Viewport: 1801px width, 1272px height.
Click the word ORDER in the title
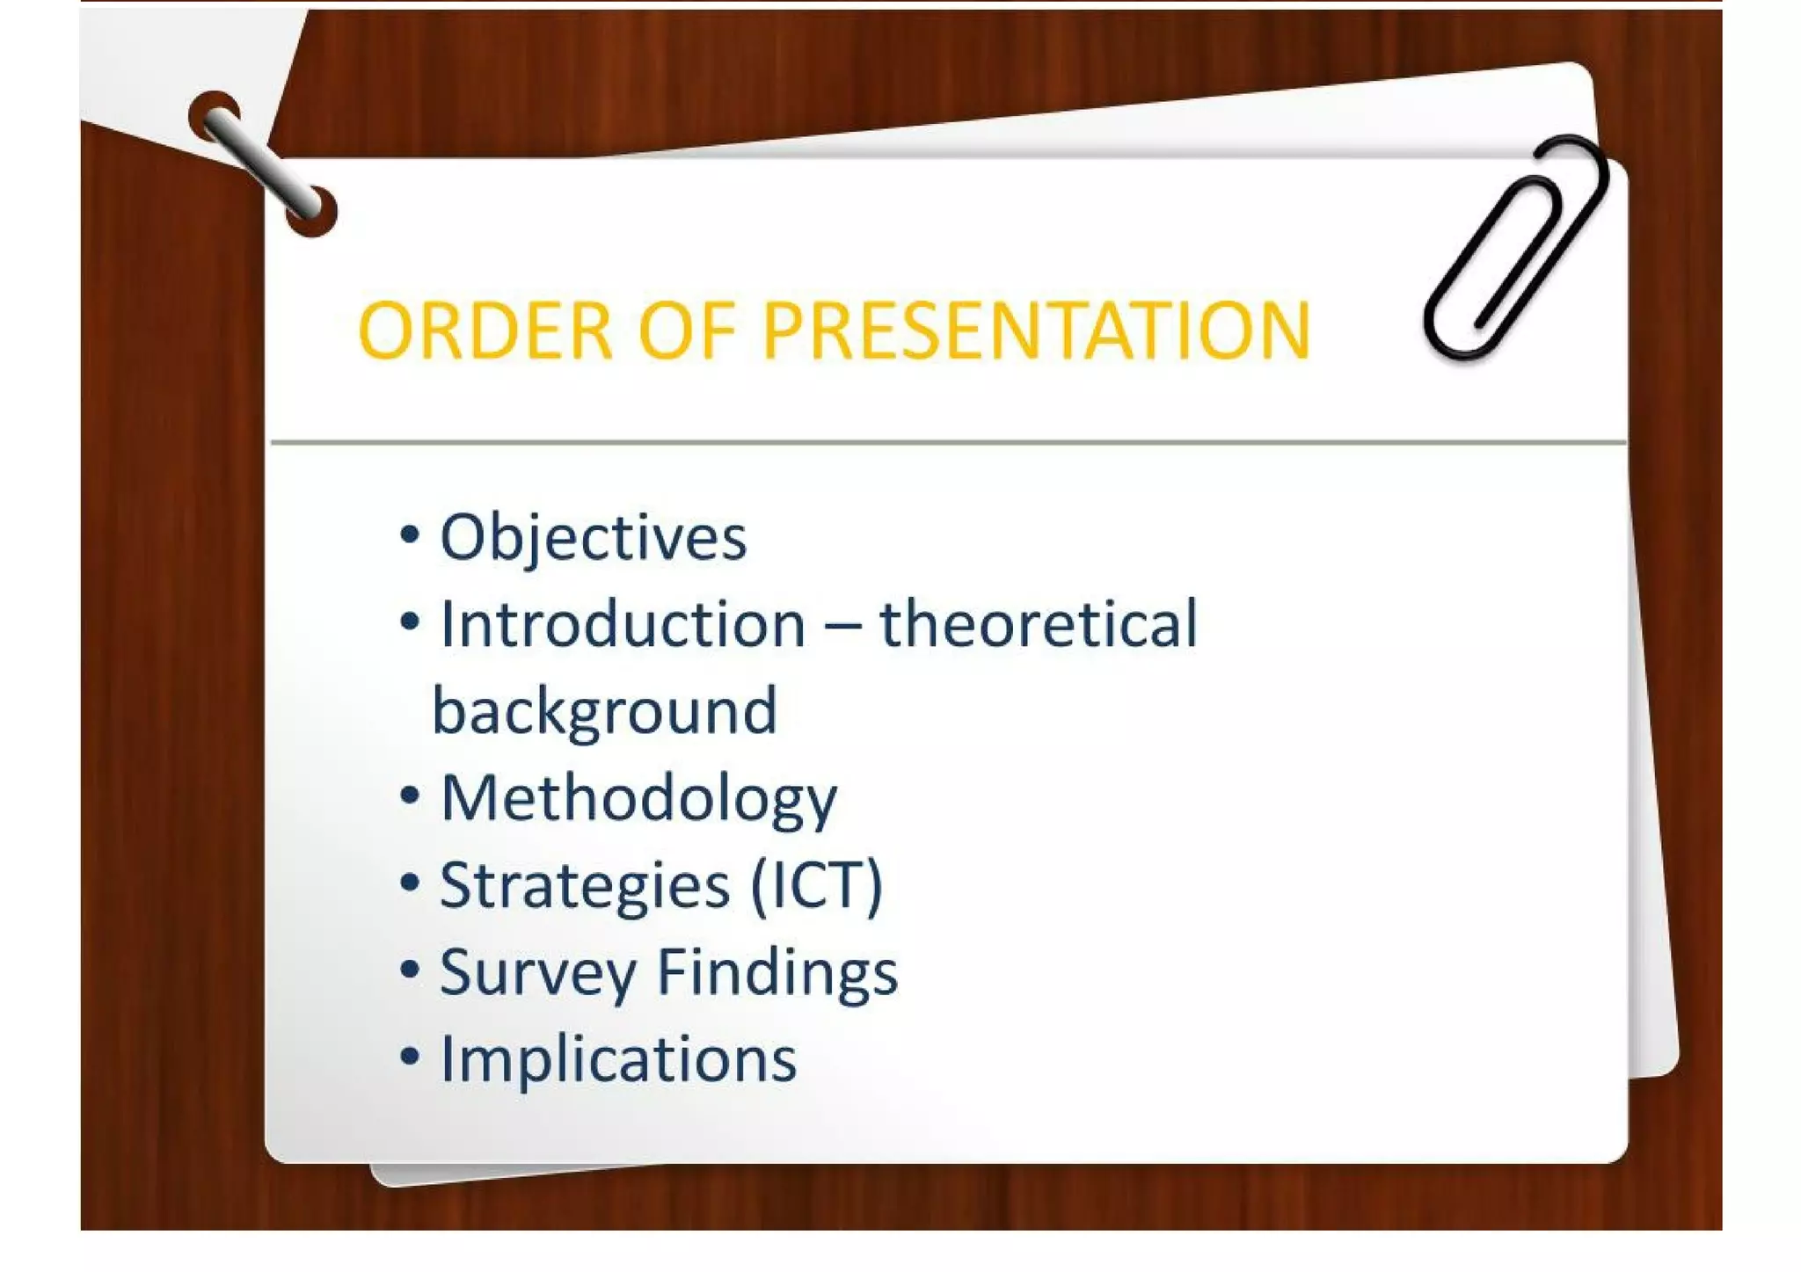[485, 331]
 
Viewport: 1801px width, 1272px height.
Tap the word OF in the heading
[686, 331]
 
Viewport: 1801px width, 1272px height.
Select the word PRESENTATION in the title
[1036, 331]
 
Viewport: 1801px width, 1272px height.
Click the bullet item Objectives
[593, 537]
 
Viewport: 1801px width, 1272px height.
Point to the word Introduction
[623, 624]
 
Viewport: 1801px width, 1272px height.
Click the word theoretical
[1039, 624]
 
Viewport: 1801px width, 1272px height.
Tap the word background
[605, 711]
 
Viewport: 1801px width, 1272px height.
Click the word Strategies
[585, 885]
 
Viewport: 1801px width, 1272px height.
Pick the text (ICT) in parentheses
[816, 885]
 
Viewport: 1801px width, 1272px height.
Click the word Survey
[537, 972]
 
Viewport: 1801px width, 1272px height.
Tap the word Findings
[777, 972]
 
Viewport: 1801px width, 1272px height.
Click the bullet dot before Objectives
[409, 534]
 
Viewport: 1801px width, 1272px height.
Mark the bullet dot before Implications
[409, 1056]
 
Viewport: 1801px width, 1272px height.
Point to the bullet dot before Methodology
[409, 796]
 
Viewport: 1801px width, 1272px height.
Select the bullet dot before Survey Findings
[409, 969]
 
